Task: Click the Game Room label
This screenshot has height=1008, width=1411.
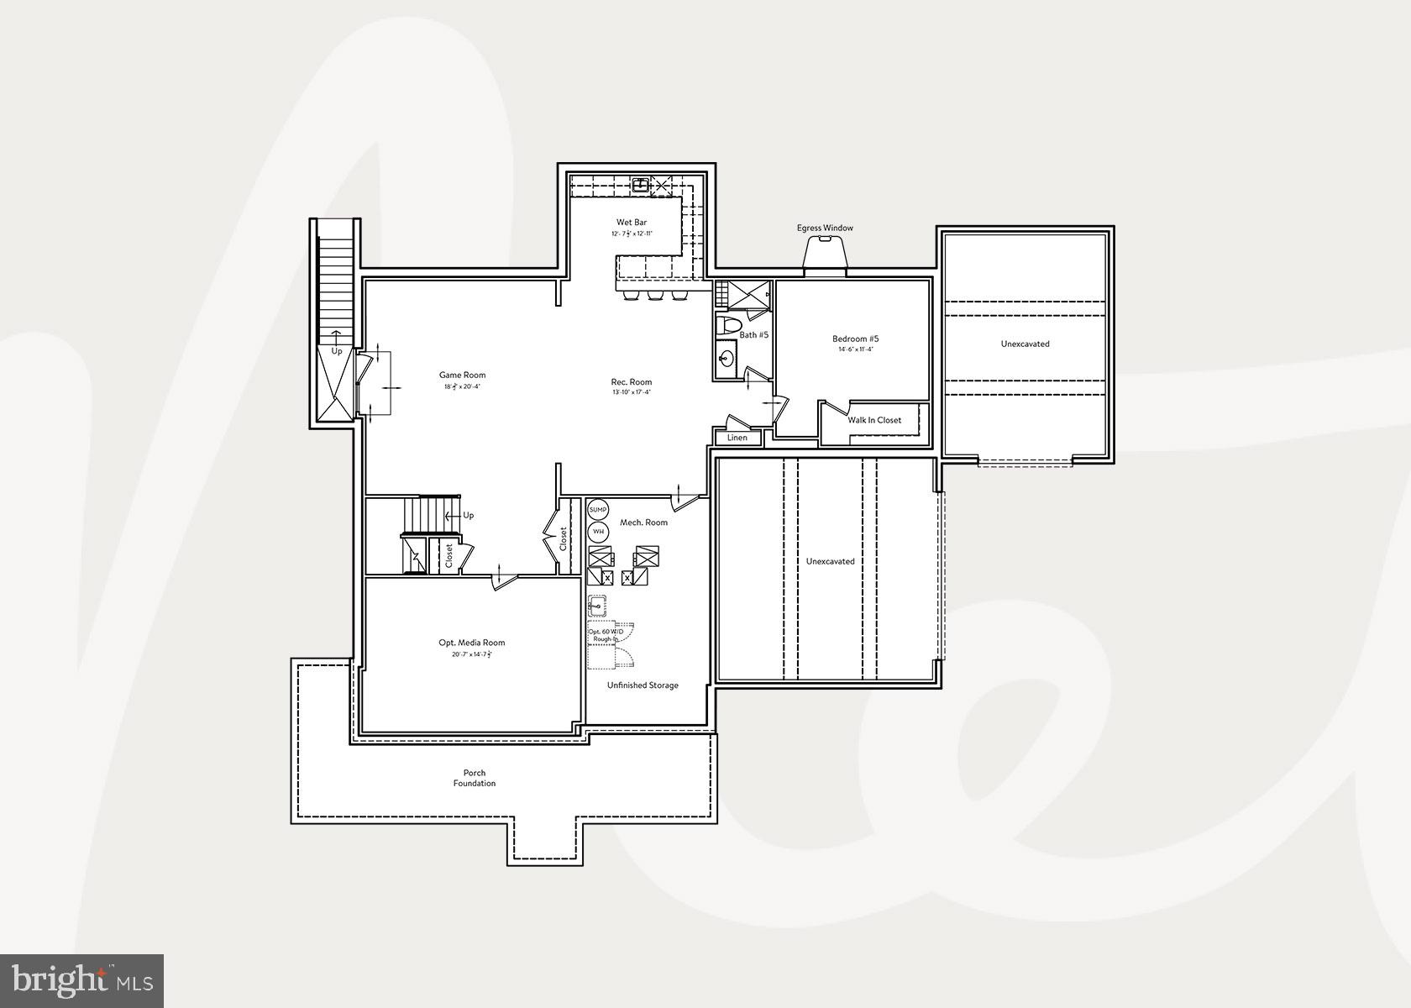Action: [x=462, y=375]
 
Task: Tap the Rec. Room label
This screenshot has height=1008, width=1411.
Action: [x=631, y=382]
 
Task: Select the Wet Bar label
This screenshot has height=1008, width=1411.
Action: [x=632, y=223]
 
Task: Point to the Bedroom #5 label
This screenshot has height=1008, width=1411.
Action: [x=855, y=339]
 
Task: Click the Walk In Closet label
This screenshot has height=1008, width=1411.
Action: [x=874, y=420]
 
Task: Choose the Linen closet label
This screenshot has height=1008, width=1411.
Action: [x=737, y=438]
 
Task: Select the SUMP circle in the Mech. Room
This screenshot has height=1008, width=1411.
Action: [x=597, y=510]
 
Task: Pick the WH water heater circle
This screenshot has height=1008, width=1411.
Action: [x=598, y=531]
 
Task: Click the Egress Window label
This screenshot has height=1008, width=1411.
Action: [x=825, y=228]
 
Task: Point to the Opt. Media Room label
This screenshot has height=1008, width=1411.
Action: [x=471, y=643]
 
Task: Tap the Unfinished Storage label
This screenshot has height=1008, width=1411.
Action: [x=643, y=685]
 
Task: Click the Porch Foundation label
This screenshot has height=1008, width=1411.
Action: [x=475, y=778]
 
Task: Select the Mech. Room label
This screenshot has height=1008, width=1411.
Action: [x=643, y=522]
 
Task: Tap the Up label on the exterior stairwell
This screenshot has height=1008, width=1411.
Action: [x=336, y=351]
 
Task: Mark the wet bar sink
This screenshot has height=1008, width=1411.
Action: [x=641, y=184]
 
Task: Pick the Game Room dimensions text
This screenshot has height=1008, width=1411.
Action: [x=462, y=387]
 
